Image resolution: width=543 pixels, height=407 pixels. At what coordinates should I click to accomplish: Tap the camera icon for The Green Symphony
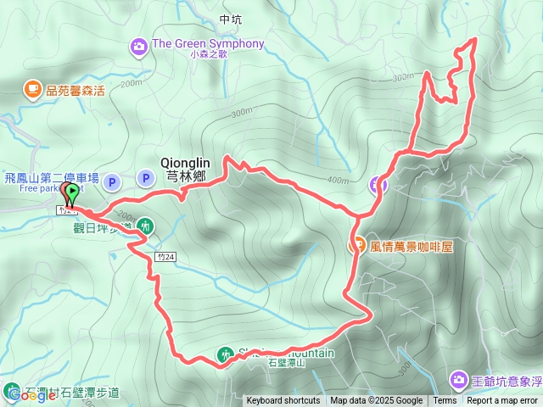click(138, 45)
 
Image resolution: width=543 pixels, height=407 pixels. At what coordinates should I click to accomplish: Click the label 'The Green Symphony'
click(208, 44)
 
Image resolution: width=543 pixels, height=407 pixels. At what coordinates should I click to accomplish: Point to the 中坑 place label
click(230, 19)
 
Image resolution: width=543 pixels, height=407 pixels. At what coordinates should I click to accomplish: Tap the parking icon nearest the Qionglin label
click(146, 178)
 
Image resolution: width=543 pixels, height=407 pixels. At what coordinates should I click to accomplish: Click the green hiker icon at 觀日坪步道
click(146, 226)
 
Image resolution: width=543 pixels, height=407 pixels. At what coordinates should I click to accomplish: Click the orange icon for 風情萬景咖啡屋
click(358, 246)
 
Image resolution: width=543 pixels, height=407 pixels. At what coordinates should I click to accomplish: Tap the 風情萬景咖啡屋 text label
click(413, 247)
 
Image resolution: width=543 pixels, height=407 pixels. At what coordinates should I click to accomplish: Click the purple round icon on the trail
click(378, 184)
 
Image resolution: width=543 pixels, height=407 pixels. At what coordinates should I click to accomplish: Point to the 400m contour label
click(337, 180)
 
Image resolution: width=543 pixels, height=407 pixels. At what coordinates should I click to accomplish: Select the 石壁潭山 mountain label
click(286, 364)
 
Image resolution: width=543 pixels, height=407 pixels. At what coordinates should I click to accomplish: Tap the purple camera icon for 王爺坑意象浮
click(458, 377)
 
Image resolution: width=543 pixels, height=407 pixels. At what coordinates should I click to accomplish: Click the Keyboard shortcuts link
click(283, 401)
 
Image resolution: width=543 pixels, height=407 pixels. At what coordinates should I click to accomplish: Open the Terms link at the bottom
click(445, 401)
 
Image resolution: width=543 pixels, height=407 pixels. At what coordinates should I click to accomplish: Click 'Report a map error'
click(502, 401)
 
